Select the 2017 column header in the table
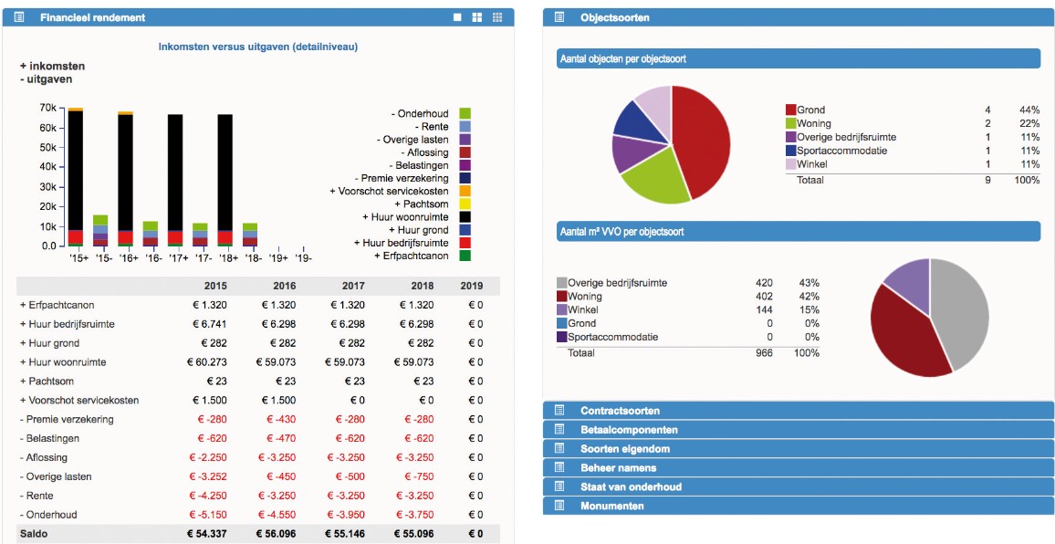pos(353,286)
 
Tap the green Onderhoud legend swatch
pos(465,113)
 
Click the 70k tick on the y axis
pos(48,108)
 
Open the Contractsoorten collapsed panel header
pos(620,411)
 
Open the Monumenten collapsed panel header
pos(611,506)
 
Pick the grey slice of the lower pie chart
pos(958,310)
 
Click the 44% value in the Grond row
pos(1029,110)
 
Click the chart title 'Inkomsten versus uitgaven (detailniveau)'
pos(258,47)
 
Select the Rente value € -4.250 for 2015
pos(209,496)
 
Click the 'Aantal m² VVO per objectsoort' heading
pos(622,232)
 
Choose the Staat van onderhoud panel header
pos(631,486)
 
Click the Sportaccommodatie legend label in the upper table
pos(841,151)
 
